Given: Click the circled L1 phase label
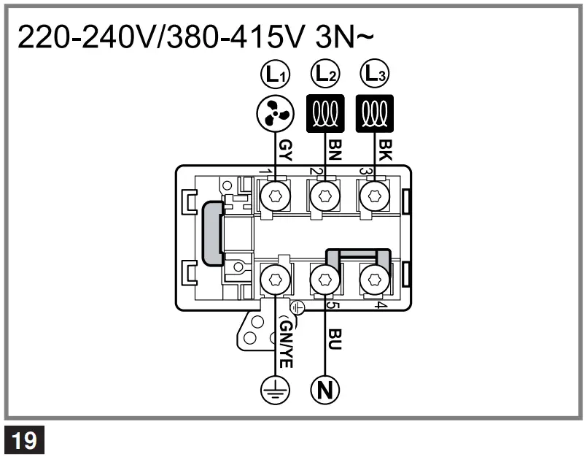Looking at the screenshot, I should click(275, 74).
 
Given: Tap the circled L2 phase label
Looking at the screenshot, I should click(324, 74).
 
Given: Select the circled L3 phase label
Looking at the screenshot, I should click(375, 74).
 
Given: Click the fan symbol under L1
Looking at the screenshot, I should click(275, 113).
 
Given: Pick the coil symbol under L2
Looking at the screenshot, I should click(324, 113).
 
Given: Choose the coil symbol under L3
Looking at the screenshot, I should click(375, 113).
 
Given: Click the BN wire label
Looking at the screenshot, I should click(335, 151).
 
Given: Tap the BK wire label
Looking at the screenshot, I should click(385, 151).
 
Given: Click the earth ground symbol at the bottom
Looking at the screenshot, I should click(276, 390).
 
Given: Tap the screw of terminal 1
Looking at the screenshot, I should click(275, 196).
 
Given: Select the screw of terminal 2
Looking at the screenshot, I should click(324, 196).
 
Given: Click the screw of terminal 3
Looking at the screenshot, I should click(375, 196).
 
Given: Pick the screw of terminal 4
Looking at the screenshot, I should click(375, 278).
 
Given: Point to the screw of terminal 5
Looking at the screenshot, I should click(324, 278).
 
